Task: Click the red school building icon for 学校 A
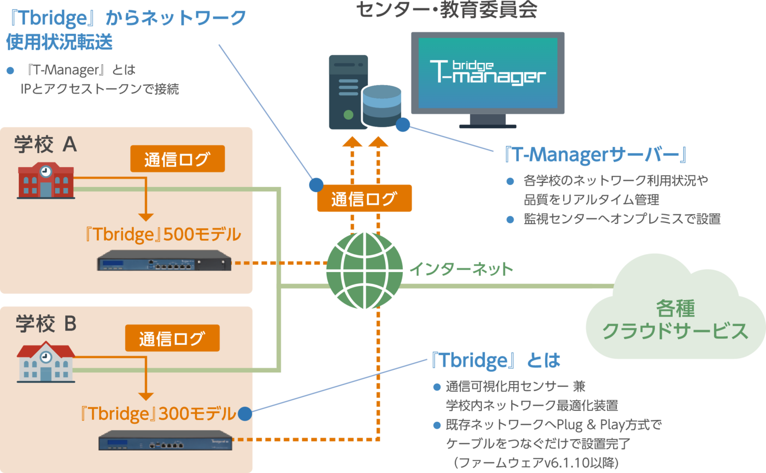(x=46, y=180)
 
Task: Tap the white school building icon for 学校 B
(x=46, y=361)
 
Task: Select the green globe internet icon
(x=365, y=271)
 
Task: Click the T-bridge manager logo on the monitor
(x=488, y=73)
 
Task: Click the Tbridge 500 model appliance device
(x=165, y=261)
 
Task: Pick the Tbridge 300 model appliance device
(x=166, y=440)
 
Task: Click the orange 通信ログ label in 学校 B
(x=172, y=338)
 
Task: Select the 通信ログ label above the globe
(x=364, y=198)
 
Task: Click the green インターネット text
(x=461, y=269)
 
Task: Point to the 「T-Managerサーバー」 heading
(x=595, y=155)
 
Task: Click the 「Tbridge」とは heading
(x=496, y=360)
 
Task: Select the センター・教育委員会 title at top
(x=447, y=10)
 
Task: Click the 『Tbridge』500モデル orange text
(x=163, y=234)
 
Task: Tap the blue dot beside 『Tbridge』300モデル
(x=244, y=414)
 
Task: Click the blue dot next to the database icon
(x=402, y=125)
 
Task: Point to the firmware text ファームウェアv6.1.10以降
(x=536, y=463)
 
